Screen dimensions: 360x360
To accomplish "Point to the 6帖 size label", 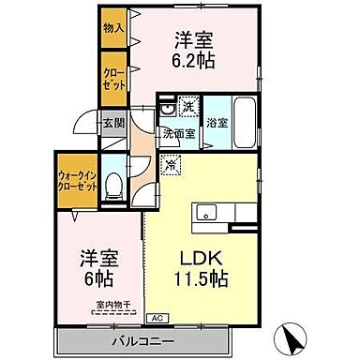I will click(x=97, y=277).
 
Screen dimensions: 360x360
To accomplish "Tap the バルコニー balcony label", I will click(x=142, y=338).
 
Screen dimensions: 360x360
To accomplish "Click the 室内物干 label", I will click(x=112, y=304).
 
